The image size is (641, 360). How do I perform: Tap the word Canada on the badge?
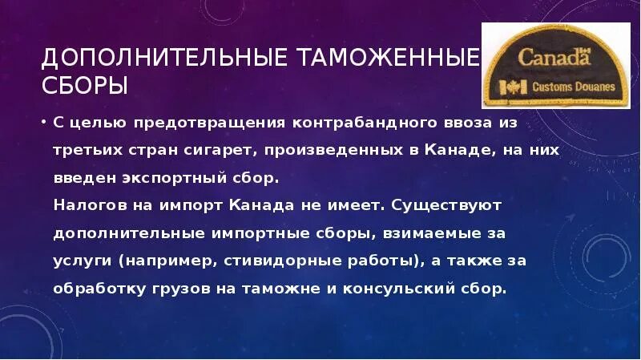click(550, 58)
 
